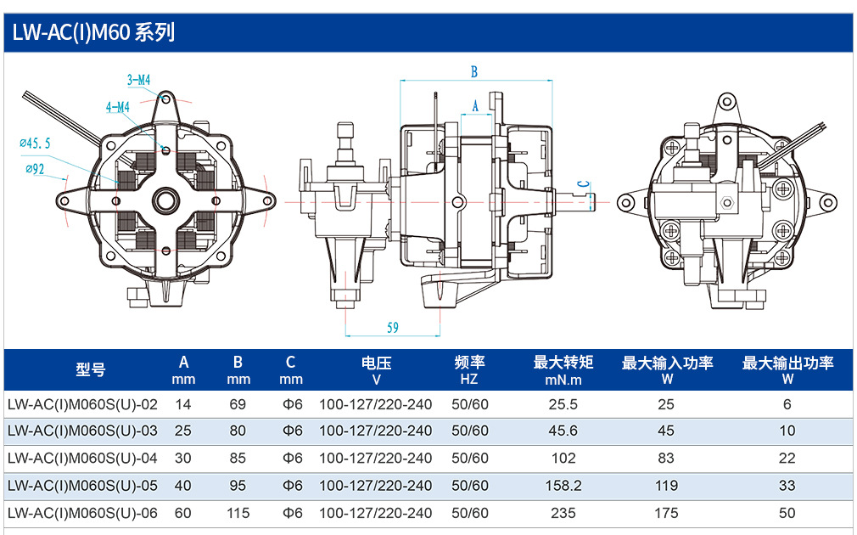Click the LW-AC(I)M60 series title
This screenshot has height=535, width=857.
93,32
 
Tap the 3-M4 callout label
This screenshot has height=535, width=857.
139,80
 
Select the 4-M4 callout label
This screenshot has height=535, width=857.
117,107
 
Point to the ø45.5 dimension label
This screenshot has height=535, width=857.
35,144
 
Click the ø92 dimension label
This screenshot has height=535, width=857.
35,169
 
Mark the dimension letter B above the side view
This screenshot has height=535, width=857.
474,71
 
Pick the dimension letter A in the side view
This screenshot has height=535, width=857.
475,106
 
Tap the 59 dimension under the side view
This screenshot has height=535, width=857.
392,328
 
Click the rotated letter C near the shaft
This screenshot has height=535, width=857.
585,184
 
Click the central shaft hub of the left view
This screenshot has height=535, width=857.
165,200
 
